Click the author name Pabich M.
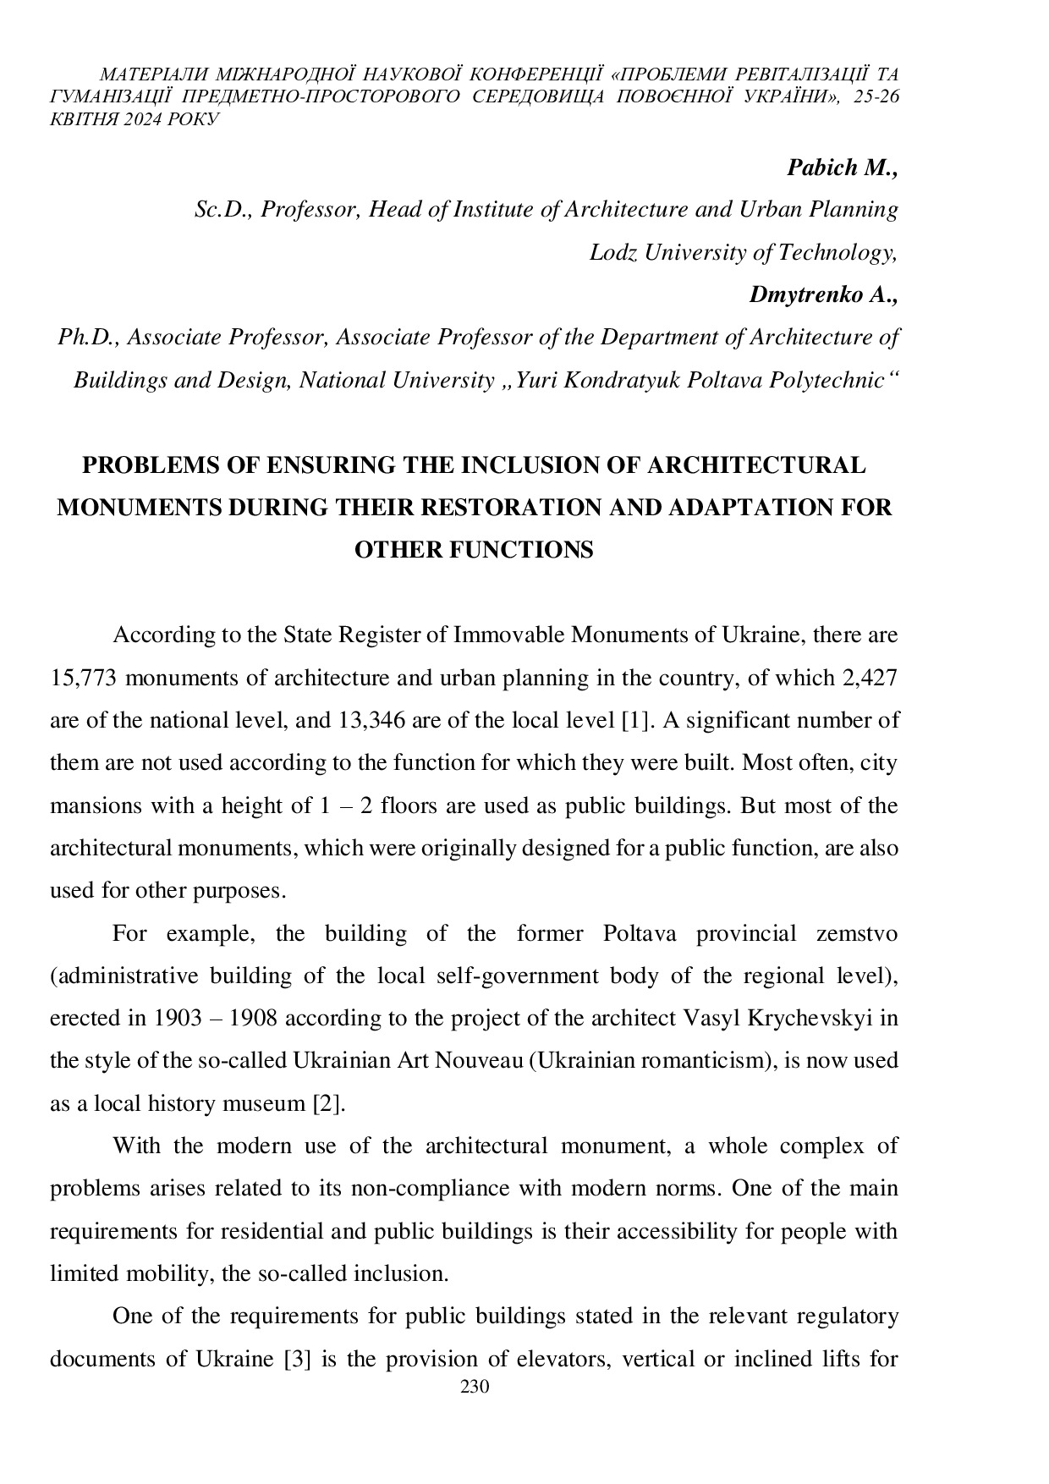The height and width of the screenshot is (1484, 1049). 841,168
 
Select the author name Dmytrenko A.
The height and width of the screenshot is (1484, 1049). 822,294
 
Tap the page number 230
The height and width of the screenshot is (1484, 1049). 475,1387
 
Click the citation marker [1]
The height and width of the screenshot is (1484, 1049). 634,720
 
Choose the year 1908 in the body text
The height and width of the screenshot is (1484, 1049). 254,1018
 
